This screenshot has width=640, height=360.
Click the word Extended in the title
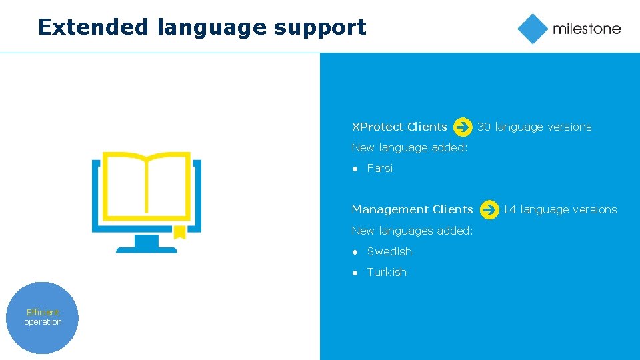tap(93, 27)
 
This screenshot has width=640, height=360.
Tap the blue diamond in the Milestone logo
tap(532, 29)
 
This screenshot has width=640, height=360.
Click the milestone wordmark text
tap(586, 29)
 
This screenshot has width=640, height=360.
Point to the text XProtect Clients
tap(399, 127)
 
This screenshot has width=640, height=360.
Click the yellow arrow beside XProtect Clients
tap(463, 127)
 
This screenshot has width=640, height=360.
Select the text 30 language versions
tap(535, 127)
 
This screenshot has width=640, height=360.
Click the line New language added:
tap(409, 147)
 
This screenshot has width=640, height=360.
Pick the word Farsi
tap(380, 168)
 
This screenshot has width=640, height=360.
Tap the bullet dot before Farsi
tap(355, 169)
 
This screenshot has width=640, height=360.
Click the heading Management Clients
tap(412, 209)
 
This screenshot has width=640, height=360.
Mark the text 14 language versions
tap(560, 209)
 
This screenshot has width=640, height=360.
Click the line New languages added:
tap(412, 231)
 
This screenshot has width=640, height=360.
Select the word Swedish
tap(389, 251)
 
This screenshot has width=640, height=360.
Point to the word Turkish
tap(387, 272)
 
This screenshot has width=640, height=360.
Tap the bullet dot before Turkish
tap(355, 273)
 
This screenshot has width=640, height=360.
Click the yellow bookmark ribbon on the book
tap(179, 232)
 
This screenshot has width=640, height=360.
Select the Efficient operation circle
tap(43, 317)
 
